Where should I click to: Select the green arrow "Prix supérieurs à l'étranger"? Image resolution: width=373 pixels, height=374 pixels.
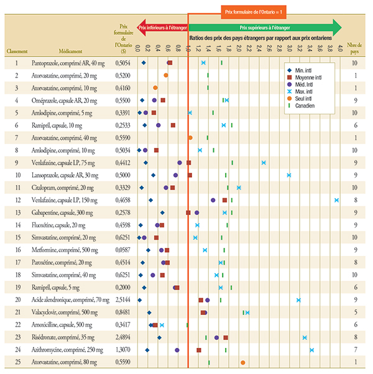coord(264,27)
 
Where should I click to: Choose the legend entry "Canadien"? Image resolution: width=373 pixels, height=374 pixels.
coord(307,106)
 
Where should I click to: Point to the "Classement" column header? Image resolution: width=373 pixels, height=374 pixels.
coord(17,53)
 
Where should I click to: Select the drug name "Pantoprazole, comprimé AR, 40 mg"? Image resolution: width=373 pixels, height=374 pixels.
coord(68,63)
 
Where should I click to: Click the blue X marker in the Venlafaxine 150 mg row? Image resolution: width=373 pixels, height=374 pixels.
coord(336,200)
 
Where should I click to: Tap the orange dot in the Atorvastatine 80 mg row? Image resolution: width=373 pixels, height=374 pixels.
coord(242,362)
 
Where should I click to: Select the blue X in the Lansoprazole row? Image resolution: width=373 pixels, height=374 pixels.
coord(289,175)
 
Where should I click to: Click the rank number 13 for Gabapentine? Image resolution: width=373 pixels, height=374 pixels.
coord(17,212)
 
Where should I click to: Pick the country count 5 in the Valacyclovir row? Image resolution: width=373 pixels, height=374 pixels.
coord(355,312)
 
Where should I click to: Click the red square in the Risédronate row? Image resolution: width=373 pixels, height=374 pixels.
coord(226,337)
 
